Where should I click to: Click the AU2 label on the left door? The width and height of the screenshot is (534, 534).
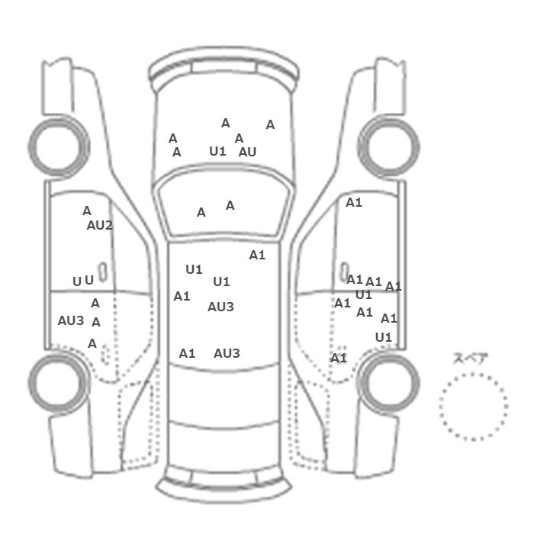[99, 226]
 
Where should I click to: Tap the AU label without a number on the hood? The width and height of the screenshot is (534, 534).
[247, 152]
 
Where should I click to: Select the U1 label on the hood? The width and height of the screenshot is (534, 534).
[217, 151]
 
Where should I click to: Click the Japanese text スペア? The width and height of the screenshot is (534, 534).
[471, 359]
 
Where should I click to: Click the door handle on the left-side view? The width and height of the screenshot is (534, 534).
[102, 272]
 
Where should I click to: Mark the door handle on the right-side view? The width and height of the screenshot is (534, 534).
[345, 272]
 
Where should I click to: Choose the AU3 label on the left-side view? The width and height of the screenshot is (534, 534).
[71, 320]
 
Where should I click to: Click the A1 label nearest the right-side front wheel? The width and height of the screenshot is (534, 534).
[354, 203]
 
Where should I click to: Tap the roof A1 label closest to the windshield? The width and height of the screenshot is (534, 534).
[257, 255]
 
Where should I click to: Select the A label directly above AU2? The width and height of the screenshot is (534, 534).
[87, 211]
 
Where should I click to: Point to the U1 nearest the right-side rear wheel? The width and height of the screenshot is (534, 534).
[384, 337]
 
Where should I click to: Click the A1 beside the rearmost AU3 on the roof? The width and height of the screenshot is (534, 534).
[187, 353]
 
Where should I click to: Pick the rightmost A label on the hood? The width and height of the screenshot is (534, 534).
[270, 125]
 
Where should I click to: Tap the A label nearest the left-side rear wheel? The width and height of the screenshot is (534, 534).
[92, 343]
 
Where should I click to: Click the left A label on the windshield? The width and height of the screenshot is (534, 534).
[201, 213]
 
